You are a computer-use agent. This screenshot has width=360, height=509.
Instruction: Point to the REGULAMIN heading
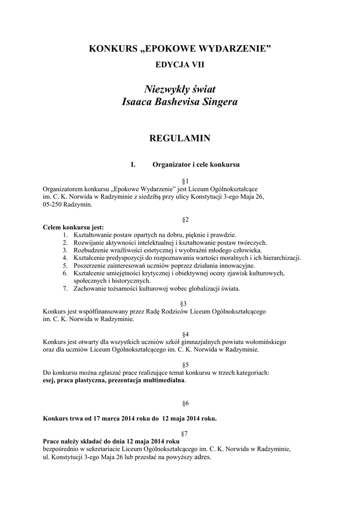(x=180, y=139)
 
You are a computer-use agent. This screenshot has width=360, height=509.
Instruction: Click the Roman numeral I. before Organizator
(x=133, y=164)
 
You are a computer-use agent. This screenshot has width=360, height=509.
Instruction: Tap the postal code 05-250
(x=53, y=204)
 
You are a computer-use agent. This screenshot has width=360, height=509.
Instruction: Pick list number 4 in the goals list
(x=65, y=257)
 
